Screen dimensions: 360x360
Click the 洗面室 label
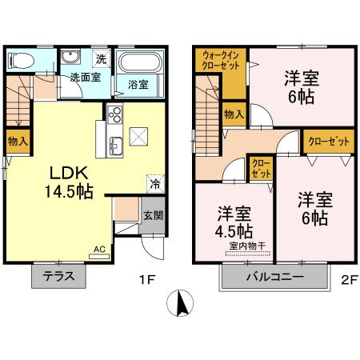83,78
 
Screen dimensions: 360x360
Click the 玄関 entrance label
153,214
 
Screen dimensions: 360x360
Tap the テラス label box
59,277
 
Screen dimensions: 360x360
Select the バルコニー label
273,278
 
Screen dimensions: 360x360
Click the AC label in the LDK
99,250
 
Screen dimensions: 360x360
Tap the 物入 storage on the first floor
18,141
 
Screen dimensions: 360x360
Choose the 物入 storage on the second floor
234,114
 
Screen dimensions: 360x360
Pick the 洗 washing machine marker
101,58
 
